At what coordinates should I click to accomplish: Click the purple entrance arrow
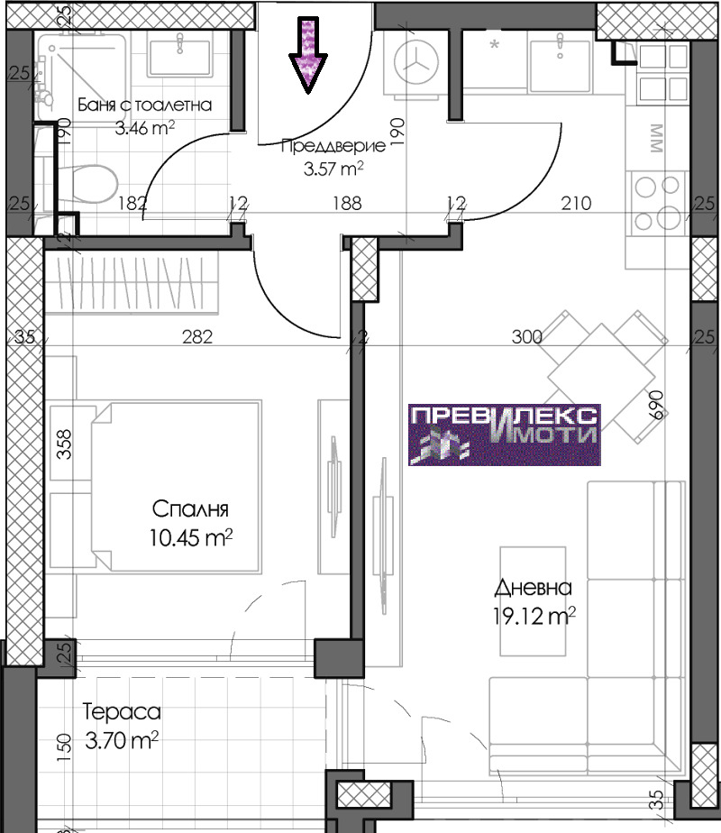pos(308,55)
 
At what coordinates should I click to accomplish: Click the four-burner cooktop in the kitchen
pos(658,203)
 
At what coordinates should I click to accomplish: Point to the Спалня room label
pos(190,509)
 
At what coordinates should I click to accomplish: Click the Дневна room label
pos(533,588)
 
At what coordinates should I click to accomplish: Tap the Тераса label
pos(122,712)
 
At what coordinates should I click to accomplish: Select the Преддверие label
pos(333,146)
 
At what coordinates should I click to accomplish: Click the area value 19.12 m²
pos(534,617)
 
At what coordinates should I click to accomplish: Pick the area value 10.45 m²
pos(190,537)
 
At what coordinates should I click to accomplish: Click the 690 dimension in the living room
pos(656,405)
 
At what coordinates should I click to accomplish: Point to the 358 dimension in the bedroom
pos(63,444)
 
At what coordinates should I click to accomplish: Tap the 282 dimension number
pos(197,337)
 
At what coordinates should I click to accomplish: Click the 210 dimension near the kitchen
pos(576,203)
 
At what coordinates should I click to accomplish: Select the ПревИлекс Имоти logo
pos(505,435)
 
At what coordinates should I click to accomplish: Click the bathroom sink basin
pos(181,56)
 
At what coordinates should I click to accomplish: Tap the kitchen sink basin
pos(561,64)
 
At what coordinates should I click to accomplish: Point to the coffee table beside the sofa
pos(533,600)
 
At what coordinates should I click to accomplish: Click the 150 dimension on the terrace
pos(63,748)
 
